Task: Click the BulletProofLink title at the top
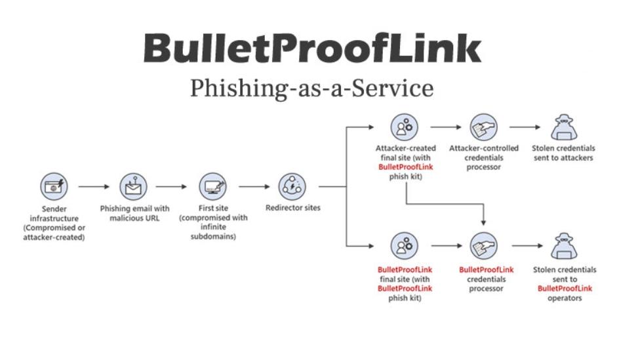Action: coord(312,49)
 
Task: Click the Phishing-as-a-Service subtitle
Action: coord(312,87)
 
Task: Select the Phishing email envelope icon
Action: coord(133,187)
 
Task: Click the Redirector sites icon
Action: coord(292,187)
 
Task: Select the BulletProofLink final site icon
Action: coord(405,246)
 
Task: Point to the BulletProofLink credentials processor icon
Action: coord(484,246)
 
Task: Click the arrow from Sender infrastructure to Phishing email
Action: coord(94,187)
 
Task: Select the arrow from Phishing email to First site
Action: coord(172,187)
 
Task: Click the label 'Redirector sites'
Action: coord(292,209)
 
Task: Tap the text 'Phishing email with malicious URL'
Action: coord(134,213)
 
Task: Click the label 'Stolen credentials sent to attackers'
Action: coord(565,153)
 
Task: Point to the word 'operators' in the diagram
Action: coord(565,298)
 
